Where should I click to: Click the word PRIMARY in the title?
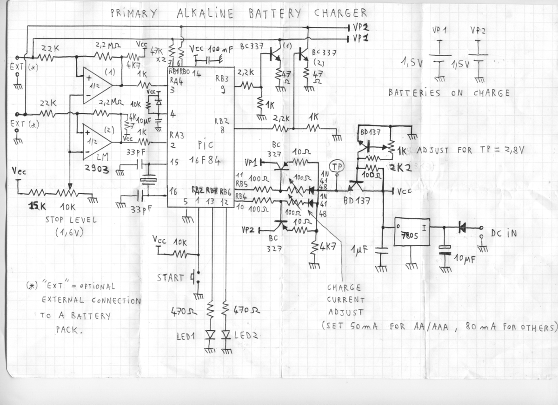[x=134, y=13]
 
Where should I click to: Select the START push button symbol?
[x=195, y=278]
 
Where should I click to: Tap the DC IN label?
[x=504, y=234]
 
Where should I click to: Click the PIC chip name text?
[x=205, y=145]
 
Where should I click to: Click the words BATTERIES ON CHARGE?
[x=449, y=93]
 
